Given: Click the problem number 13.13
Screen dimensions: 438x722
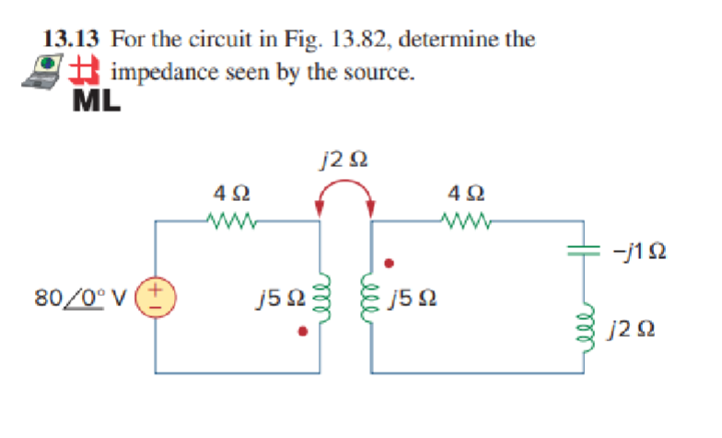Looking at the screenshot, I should (x=74, y=40).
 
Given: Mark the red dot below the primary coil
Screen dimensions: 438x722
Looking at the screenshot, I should (x=303, y=334).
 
